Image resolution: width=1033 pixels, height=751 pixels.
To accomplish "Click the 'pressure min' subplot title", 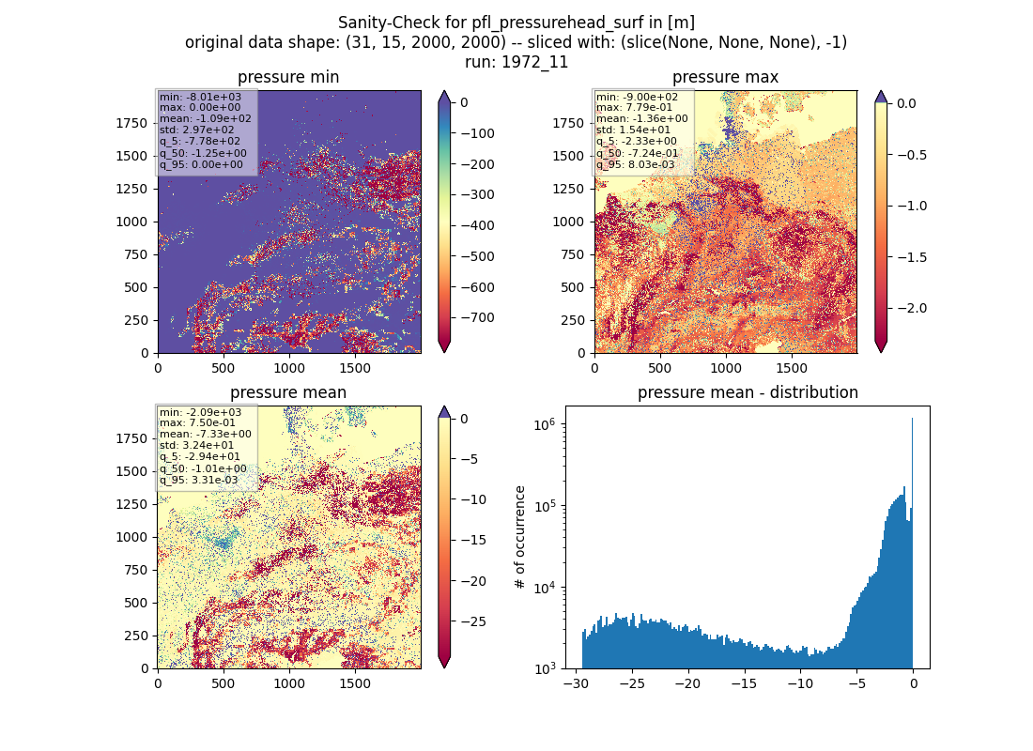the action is point(288,77).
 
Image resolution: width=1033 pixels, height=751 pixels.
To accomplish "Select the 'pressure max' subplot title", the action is point(725,77).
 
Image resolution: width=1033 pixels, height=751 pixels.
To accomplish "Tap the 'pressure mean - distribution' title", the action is point(748,392).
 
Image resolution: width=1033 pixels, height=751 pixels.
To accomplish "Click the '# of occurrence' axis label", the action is point(520,538).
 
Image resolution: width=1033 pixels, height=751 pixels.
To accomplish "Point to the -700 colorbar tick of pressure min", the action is point(478,317).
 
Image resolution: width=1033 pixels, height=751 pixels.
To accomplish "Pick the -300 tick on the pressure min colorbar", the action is point(478,194).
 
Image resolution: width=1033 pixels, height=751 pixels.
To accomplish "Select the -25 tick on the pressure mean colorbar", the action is point(473,621).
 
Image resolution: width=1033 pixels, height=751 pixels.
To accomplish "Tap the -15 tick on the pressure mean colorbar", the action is point(473,540).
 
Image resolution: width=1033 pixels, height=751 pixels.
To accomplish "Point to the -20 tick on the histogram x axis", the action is point(687,683).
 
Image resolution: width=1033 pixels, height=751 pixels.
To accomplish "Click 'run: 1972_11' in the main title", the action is point(516,62).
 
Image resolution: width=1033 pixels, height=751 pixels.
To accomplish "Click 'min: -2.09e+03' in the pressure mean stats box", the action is point(200,412).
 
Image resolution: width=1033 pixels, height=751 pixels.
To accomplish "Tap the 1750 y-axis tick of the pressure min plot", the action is point(131,123).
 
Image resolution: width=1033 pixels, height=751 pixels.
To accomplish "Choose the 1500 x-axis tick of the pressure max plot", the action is point(792,368).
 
